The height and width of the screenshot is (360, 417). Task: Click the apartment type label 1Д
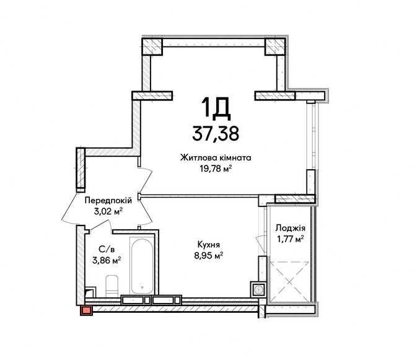click(216, 107)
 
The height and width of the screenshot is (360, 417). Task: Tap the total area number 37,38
click(216, 133)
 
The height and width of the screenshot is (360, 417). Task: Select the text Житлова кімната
click(216, 157)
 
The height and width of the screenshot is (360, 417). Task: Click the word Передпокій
click(108, 201)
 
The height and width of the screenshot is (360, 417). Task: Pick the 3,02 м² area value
click(108, 211)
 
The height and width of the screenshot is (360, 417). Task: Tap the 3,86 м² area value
click(107, 260)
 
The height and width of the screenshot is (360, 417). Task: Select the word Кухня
click(208, 245)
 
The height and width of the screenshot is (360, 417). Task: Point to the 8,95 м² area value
click(208, 256)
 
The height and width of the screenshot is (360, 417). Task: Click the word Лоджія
click(291, 228)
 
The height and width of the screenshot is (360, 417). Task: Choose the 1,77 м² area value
click(291, 239)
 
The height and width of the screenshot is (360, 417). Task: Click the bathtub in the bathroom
click(143, 266)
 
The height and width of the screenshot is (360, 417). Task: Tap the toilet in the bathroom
click(112, 286)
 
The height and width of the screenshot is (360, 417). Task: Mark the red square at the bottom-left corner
click(86, 310)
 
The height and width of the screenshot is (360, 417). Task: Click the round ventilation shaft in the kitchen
click(258, 289)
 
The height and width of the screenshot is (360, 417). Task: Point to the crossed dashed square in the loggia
click(289, 281)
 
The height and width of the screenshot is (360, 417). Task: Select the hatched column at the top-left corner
click(152, 47)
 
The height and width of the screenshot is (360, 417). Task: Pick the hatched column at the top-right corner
click(275, 47)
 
